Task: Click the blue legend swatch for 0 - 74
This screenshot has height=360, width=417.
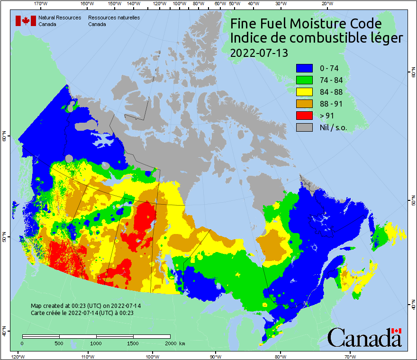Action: (x=305, y=68)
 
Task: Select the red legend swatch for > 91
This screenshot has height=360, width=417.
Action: (x=305, y=116)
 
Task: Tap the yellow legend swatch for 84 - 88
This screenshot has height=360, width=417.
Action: (x=305, y=92)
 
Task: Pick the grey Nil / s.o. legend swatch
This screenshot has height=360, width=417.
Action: (x=305, y=127)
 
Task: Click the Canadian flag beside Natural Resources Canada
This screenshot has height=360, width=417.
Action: (x=26, y=21)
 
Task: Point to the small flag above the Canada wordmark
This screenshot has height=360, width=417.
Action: (x=396, y=330)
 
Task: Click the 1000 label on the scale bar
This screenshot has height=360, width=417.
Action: (x=96, y=343)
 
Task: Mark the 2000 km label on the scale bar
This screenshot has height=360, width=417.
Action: (x=172, y=343)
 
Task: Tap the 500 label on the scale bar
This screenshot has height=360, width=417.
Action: (x=59, y=343)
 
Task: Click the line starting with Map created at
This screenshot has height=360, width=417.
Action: (x=86, y=306)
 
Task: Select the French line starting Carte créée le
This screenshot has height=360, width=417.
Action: (x=82, y=313)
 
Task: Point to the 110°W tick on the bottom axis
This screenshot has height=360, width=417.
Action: (x=87, y=356)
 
